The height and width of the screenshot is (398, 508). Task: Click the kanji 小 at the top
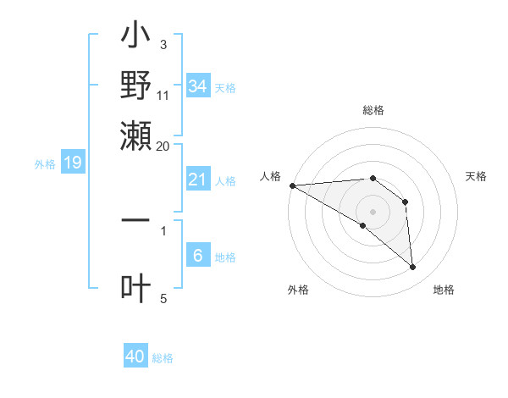(135, 39)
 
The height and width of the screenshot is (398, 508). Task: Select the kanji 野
(135, 86)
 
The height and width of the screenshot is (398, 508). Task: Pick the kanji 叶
(135, 288)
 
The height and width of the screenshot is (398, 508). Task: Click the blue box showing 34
(197, 86)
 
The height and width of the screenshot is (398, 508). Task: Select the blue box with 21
(197, 180)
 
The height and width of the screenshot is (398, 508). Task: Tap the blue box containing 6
(197, 256)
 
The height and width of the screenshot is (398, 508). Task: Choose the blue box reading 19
(72, 163)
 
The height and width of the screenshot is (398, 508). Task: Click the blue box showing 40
(135, 357)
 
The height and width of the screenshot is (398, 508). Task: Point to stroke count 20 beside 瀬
(163, 146)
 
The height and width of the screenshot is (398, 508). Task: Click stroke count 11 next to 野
(163, 96)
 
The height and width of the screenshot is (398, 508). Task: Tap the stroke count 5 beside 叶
(163, 298)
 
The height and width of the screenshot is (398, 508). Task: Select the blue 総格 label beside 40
(163, 358)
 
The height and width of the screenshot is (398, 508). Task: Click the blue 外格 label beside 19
(44, 164)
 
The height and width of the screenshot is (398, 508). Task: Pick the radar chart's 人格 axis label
(271, 176)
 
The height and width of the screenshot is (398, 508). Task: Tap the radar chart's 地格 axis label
(444, 290)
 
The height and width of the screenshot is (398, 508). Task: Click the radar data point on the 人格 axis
(292, 185)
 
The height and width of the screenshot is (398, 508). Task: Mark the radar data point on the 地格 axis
(413, 268)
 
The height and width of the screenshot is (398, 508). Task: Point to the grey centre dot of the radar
(373, 212)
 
